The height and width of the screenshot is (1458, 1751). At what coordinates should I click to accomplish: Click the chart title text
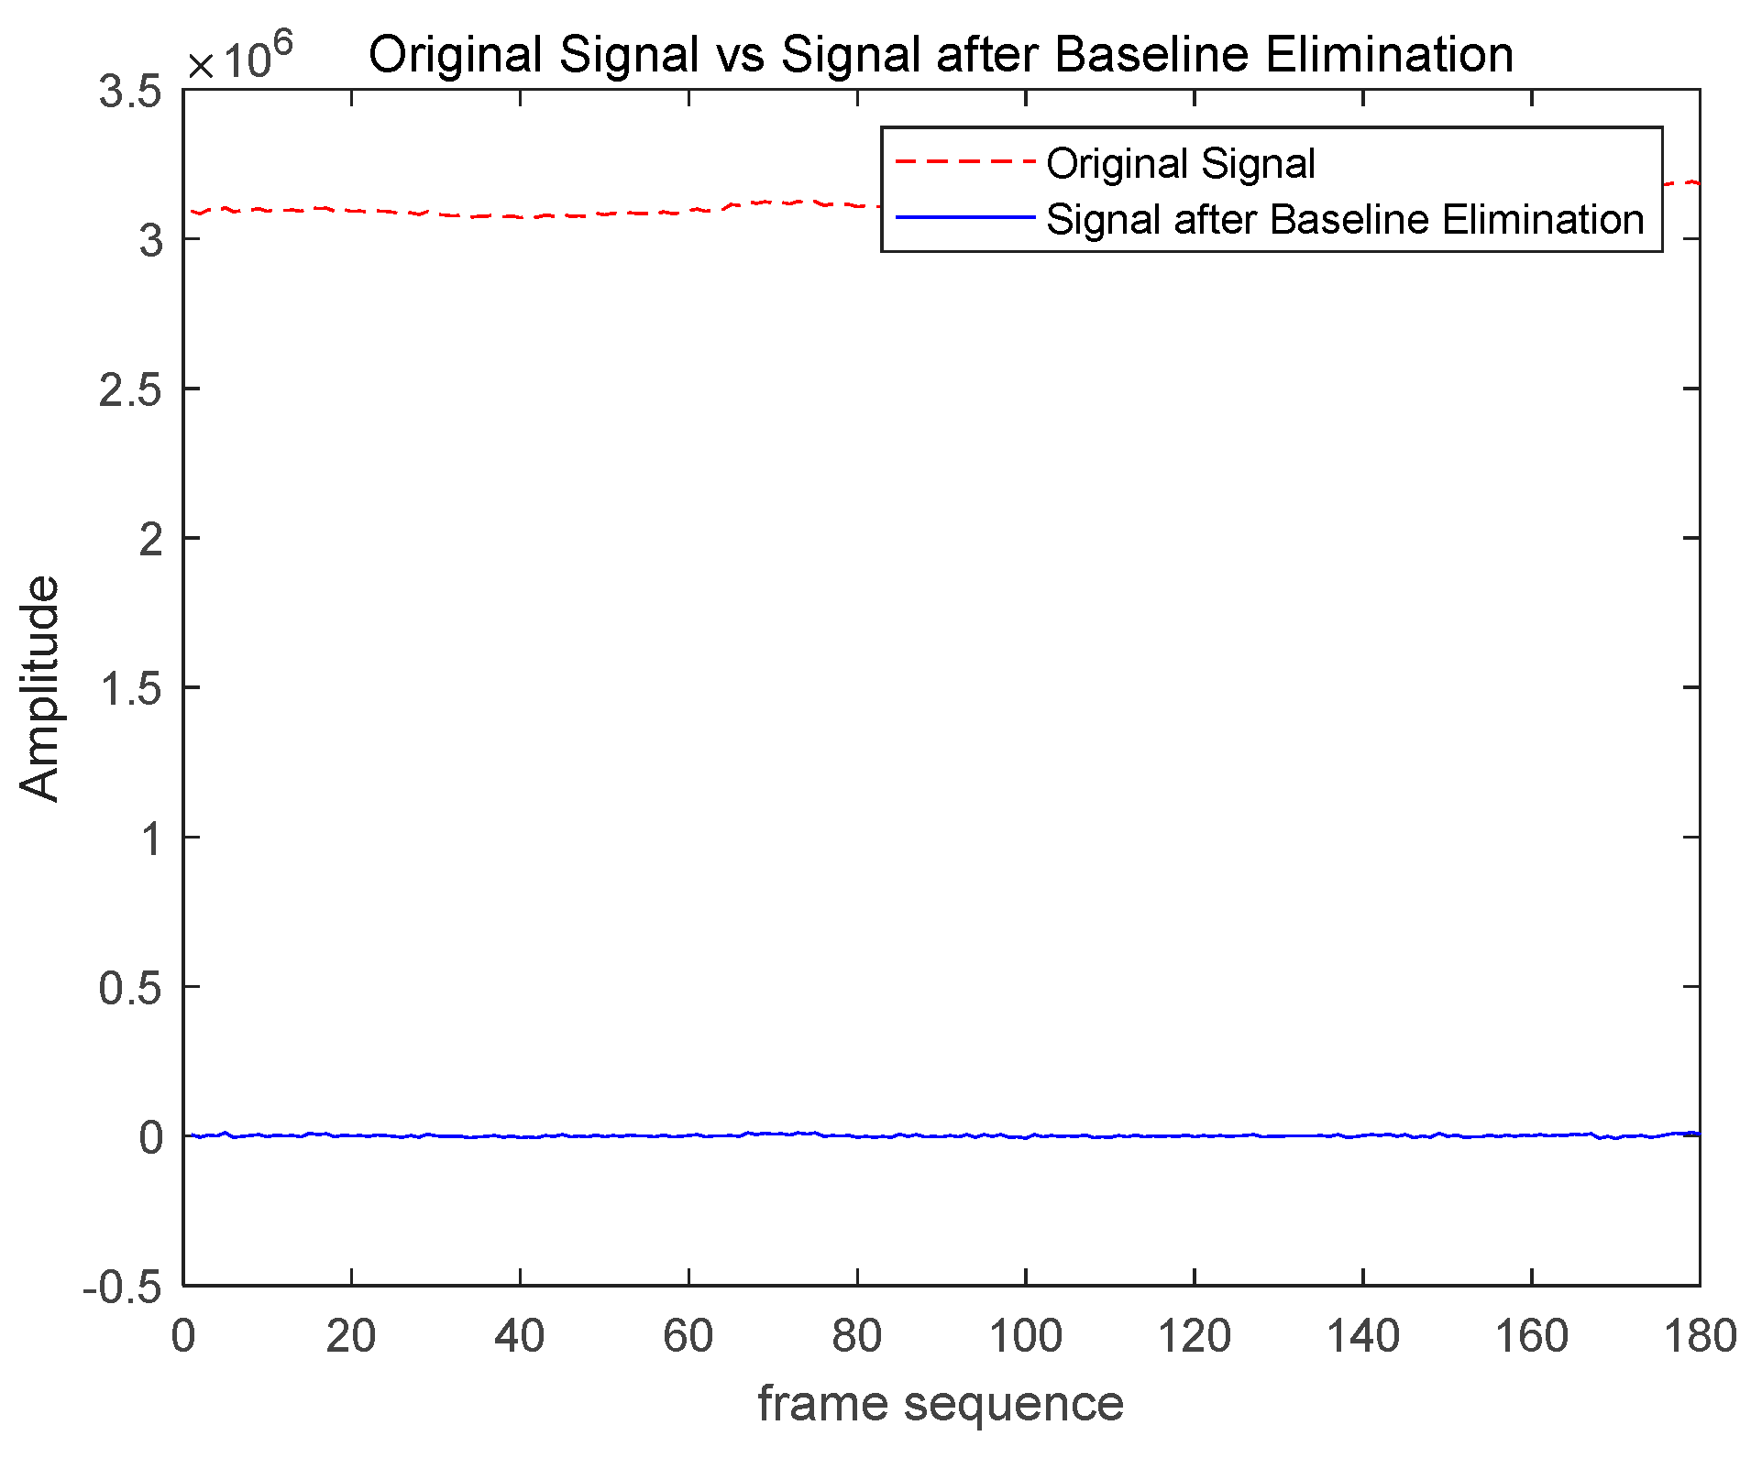click(941, 54)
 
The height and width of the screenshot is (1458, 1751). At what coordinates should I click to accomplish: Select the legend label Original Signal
click(1181, 164)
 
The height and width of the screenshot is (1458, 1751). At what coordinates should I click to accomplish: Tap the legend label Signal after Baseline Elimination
click(1345, 220)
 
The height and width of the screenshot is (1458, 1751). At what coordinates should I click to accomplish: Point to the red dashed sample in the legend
click(964, 162)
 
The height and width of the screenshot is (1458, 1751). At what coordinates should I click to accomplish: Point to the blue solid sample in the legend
click(964, 218)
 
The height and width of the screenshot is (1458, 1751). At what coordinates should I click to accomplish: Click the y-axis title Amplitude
click(39, 688)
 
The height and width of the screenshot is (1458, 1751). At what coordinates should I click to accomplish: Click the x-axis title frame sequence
click(941, 1403)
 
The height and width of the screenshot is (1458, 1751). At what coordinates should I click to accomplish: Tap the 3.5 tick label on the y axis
click(129, 92)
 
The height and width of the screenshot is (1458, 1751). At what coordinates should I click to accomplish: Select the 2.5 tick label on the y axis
click(129, 390)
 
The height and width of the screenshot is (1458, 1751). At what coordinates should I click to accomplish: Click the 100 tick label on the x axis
click(1025, 1337)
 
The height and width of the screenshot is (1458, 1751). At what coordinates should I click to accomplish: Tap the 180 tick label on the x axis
click(1699, 1337)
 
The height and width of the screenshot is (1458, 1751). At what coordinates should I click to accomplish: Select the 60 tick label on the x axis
click(688, 1337)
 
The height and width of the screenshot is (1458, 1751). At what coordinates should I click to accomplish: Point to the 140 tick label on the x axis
click(1362, 1337)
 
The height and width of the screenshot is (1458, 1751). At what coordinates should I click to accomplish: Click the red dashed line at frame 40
click(520, 217)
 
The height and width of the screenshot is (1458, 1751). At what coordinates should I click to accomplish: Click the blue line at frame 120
click(1194, 1135)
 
